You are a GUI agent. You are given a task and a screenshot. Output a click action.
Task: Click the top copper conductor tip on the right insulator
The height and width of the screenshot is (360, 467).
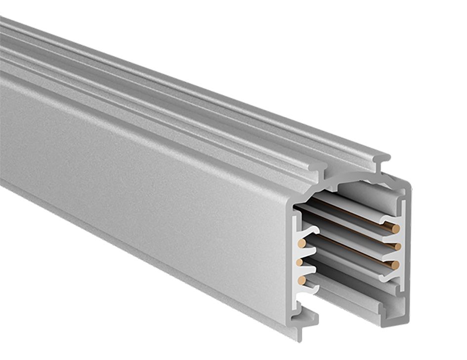[395, 228]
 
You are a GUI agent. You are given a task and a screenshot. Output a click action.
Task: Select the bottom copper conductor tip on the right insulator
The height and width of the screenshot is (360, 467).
[395, 265]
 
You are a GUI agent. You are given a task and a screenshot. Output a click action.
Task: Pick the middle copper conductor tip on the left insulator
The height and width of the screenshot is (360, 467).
[299, 262]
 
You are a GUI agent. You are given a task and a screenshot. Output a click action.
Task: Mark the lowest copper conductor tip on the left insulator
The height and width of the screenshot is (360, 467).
[301, 280]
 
